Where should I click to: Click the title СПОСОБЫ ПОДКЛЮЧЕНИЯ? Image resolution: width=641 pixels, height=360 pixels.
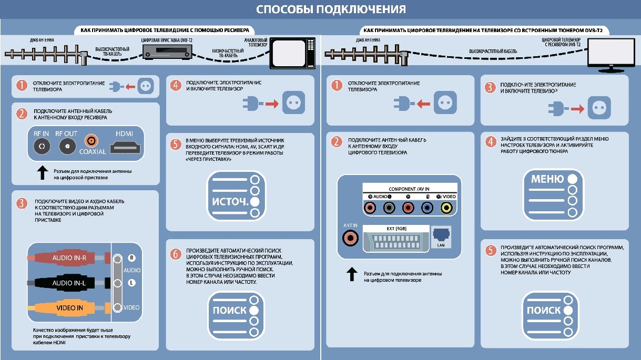click(331, 9)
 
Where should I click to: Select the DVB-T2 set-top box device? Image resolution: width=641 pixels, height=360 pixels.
click(167, 52)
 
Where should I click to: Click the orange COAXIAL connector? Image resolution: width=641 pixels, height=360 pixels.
click(92, 141)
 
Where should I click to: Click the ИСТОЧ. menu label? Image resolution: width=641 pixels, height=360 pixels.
click(230, 202)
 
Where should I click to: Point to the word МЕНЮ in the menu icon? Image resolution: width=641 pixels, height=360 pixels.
click(547, 179)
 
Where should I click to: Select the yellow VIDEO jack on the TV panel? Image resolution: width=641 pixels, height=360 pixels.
click(446, 208)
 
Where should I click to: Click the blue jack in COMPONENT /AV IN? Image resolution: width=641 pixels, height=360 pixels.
click(427, 208)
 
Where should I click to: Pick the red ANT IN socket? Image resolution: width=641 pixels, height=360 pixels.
click(350, 238)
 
